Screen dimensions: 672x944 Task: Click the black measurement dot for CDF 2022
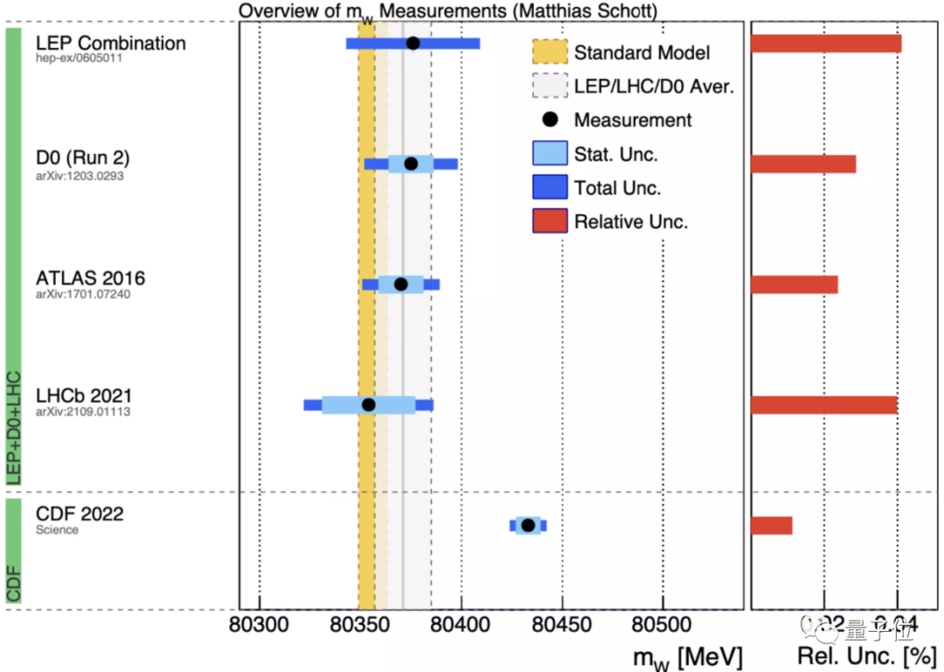(528, 525)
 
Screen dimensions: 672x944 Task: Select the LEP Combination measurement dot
(413, 43)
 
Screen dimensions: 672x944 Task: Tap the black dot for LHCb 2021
(369, 404)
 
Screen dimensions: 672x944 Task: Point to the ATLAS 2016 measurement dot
(401, 283)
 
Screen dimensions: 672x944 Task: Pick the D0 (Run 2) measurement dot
(411, 164)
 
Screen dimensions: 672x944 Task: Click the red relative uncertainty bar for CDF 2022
(772, 525)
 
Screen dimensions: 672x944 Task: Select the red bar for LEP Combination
(826, 44)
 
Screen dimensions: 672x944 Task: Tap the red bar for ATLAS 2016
(795, 284)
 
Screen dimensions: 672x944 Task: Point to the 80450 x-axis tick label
(562, 626)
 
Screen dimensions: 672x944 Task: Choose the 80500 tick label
(663, 626)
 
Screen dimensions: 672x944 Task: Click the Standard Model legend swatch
(550, 52)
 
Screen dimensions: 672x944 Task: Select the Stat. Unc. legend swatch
(550, 154)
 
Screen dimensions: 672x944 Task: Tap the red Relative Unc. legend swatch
(550, 221)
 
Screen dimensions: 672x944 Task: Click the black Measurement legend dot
(550, 120)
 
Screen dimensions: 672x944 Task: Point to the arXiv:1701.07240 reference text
(83, 294)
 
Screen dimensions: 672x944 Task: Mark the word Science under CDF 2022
(57, 530)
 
